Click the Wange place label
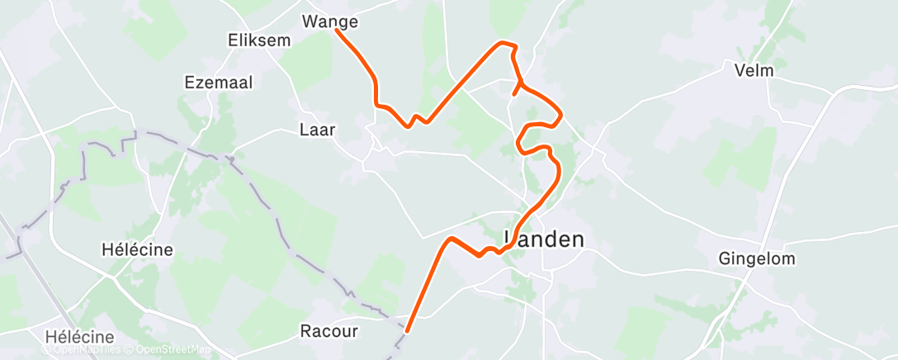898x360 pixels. [330, 21]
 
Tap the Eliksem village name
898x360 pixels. [257, 39]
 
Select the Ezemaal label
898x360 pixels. [219, 82]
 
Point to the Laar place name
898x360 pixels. [317, 129]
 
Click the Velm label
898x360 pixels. [754, 70]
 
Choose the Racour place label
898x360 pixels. [328, 332]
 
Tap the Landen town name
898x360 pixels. [545, 239]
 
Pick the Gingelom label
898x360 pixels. [757, 259]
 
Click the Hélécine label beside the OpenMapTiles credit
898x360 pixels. [80, 337]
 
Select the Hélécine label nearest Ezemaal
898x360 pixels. [137, 249]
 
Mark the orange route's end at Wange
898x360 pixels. [337, 31]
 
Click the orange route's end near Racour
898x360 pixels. [406, 331]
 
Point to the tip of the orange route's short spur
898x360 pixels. [514, 95]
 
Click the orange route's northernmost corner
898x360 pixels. [501, 42]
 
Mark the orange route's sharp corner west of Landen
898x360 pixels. [451, 239]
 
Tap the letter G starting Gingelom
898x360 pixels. [725, 259]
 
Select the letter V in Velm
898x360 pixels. [740, 70]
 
